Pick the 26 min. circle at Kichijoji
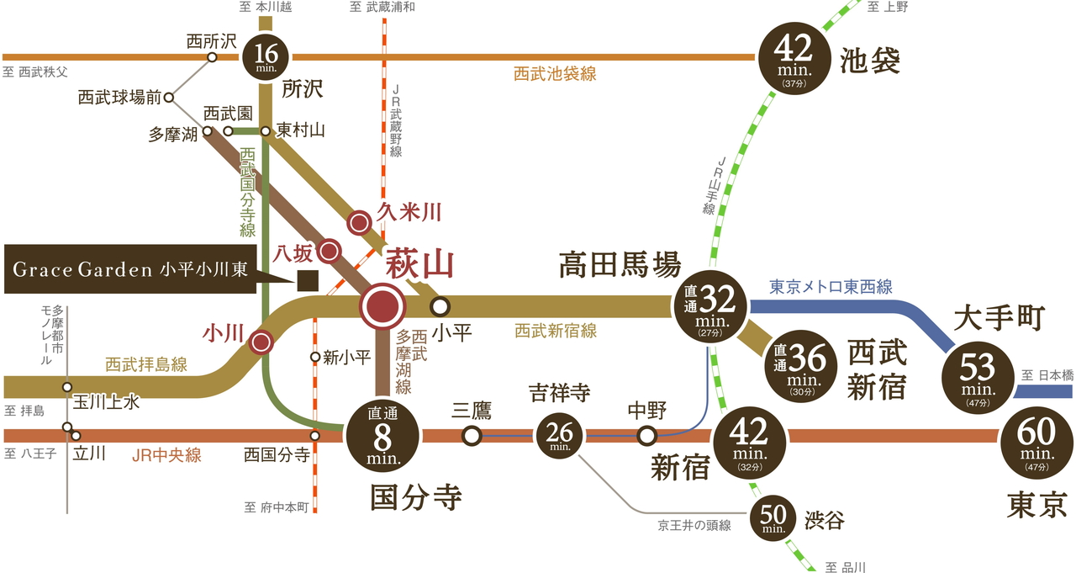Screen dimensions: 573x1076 pos(560,435)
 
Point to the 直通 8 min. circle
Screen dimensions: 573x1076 pos(382,436)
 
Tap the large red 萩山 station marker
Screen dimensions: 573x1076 pos(382,307)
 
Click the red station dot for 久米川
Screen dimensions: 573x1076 pos(360,222)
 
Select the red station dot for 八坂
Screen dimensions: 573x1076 pos(330,250)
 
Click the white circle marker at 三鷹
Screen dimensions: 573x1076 pos(472,436)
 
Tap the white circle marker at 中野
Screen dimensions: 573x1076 pos(646,436)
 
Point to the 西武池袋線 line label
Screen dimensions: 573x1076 pos(555,74)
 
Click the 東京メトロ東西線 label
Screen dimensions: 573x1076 pos(831,287)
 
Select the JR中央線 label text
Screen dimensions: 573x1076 pos(166,455)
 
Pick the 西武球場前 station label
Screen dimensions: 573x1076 pos(119,98)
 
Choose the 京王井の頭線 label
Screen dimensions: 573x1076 pos(694,526)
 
